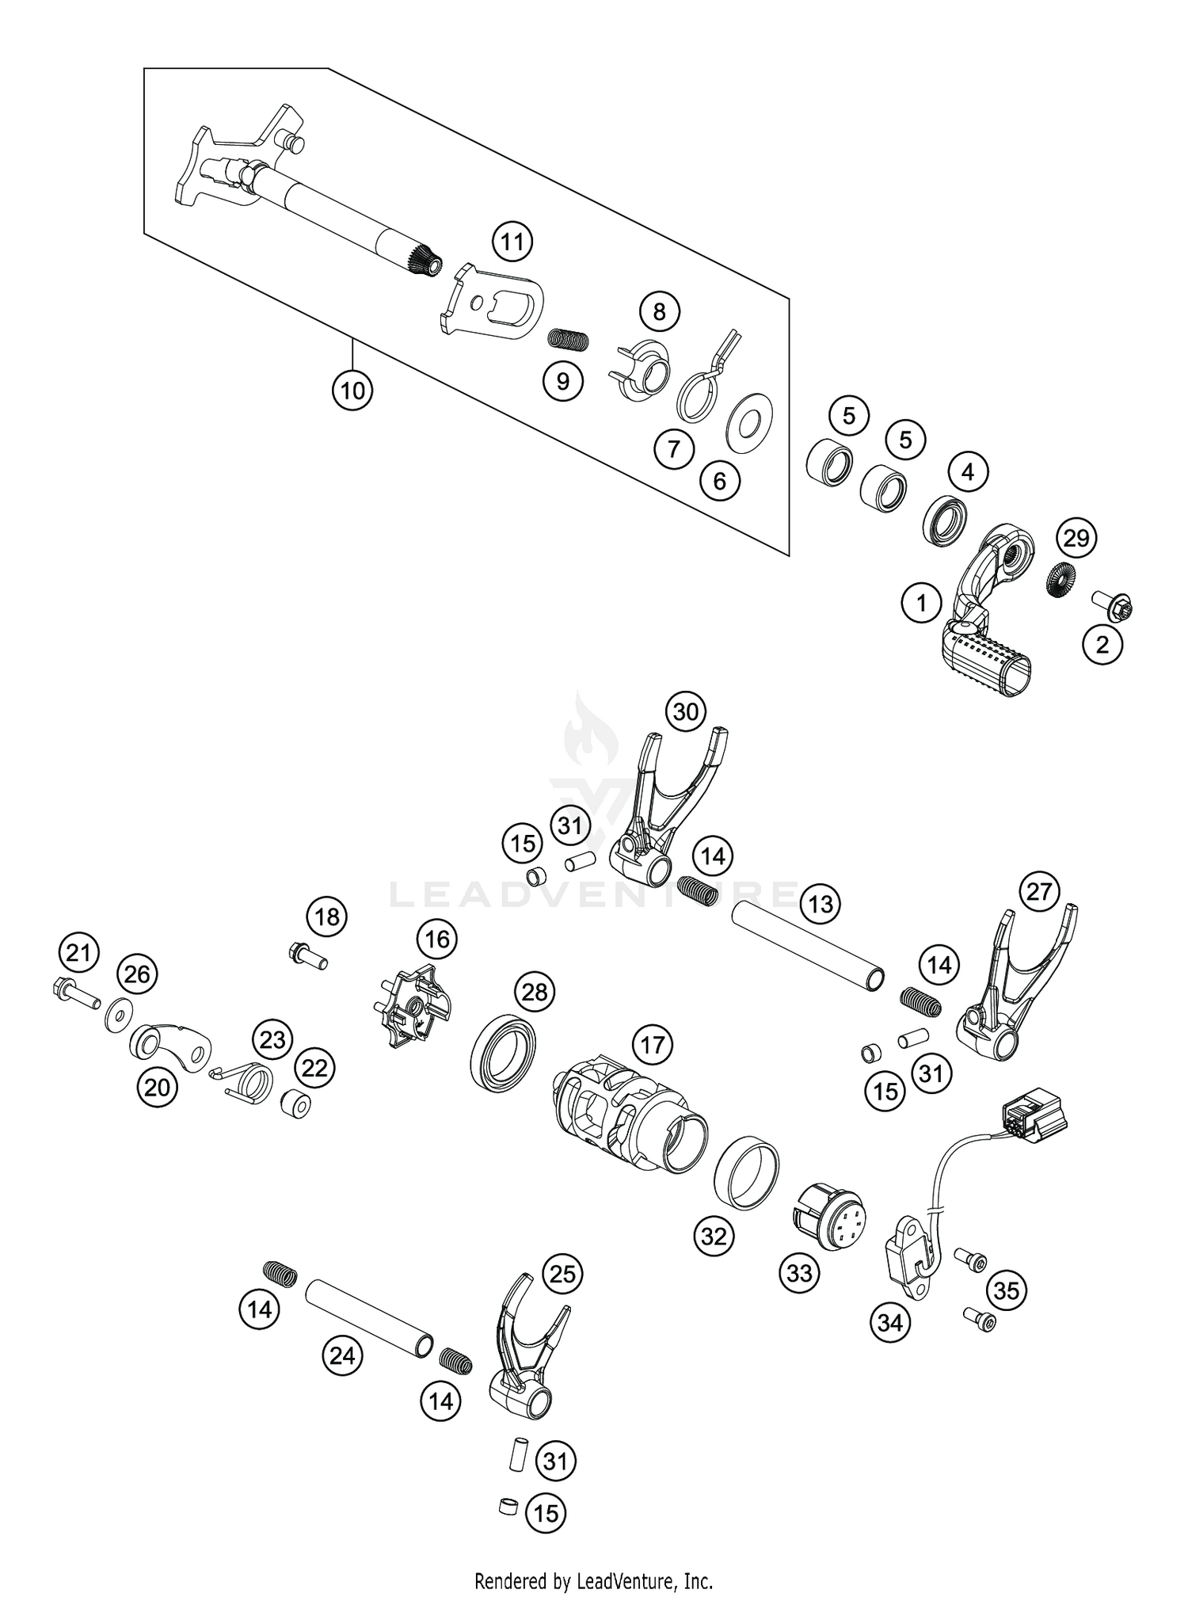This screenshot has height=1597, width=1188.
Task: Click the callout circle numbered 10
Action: [352, 390]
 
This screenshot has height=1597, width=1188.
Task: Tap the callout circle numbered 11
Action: [512, 242]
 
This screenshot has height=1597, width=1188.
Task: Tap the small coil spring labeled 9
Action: [569, 339]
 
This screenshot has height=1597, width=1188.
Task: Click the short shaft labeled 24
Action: [369, 1311]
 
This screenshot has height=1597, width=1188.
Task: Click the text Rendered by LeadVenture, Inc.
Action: [593, 1581]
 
